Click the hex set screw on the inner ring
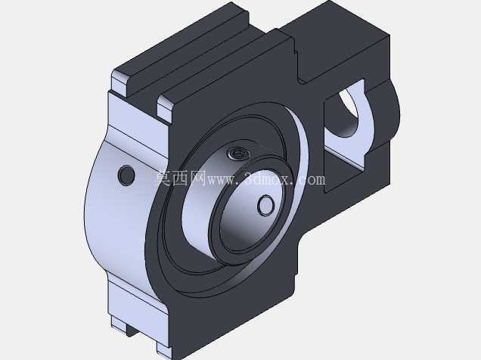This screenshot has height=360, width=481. (239, 154)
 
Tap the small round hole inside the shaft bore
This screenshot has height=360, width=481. (265, 206)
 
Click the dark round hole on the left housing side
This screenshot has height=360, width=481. (126, 175)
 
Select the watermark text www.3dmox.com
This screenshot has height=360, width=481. (266, 179)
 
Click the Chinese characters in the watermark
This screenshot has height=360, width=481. (180, 178)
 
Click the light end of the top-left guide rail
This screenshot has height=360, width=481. (119, 82)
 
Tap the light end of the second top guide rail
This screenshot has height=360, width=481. (165, 109)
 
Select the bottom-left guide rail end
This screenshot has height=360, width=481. (119, 326)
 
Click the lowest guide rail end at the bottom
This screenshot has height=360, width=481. (163, 350)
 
